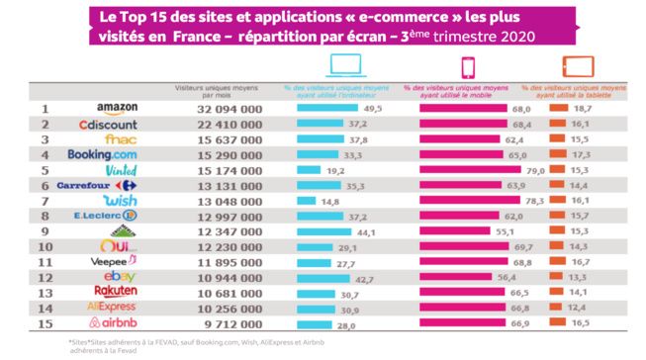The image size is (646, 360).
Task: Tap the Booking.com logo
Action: pos(102,155)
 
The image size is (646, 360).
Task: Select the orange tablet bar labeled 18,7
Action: pos(560,109)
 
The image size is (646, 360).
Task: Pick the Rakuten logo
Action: pos(116,294)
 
